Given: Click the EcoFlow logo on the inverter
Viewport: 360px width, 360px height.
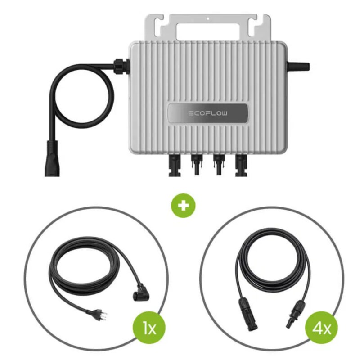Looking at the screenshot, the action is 208,113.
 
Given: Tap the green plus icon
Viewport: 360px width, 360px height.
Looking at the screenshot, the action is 183,206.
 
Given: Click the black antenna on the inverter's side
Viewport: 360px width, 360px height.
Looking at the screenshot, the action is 298,67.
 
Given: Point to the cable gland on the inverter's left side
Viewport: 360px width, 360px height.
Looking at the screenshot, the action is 121,66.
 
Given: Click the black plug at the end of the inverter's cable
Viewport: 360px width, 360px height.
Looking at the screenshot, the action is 52,158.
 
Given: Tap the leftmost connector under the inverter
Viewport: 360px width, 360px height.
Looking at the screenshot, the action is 175,165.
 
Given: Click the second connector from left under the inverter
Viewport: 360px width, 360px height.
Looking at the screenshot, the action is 197,165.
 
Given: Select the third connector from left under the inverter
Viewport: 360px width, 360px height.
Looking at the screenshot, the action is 219,165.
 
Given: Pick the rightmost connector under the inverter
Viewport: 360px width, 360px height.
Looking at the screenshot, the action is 241,165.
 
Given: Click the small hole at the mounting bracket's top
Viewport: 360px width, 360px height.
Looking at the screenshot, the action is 208,18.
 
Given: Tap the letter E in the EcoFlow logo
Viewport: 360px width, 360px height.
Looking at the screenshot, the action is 191,113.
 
